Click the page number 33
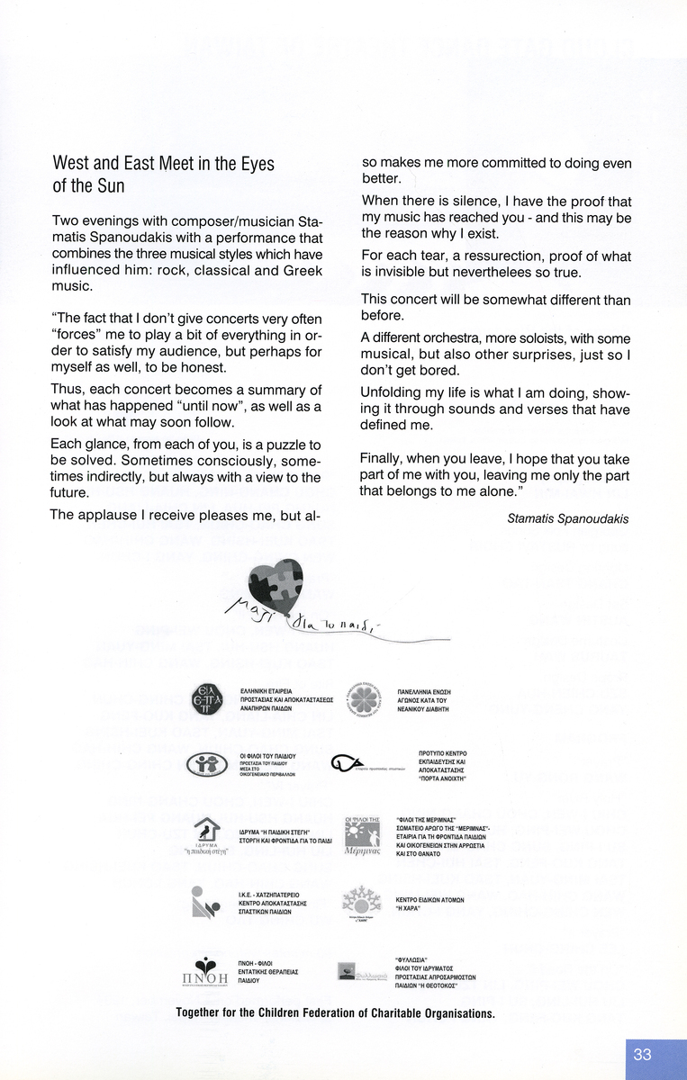(642, 1055)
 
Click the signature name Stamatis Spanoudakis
(567, 518)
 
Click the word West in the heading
(71, 164)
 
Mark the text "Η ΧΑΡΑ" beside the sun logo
(411, 907)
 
